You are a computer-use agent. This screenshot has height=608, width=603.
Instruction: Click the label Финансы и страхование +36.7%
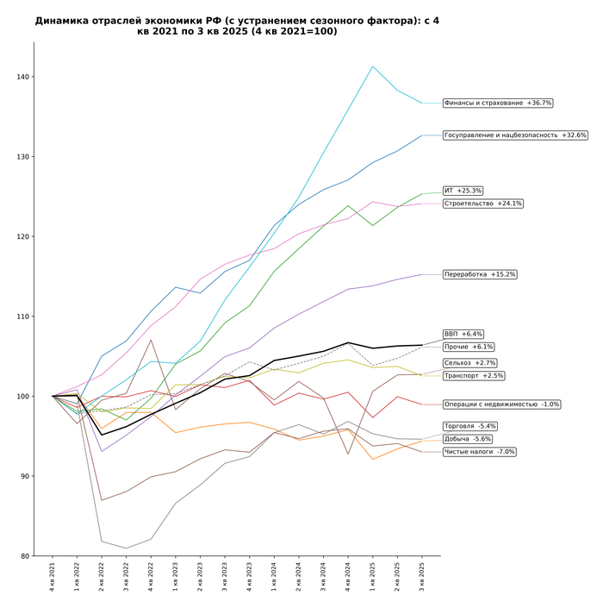[498, 103]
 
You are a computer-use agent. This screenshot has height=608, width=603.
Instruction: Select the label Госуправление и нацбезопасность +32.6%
[515, 135]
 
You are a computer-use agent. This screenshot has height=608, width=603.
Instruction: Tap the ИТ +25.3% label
[463, 191]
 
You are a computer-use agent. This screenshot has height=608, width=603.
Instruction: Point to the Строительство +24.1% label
[482, 204]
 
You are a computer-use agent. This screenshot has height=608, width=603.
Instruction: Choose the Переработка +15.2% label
[480, 274]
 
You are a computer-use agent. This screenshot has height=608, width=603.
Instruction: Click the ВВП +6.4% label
[463, 334]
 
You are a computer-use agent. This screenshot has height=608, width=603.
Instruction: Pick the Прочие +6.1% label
[469, 347]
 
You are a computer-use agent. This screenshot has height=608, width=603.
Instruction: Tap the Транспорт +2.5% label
[473, 376]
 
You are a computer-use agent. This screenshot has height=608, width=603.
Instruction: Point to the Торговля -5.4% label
[469, 426]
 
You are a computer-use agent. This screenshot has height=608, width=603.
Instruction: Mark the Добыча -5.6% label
[467, 439]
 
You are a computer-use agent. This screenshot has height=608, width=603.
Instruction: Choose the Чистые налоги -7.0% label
[479, 452]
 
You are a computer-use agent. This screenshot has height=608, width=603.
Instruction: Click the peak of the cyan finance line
[372, 66]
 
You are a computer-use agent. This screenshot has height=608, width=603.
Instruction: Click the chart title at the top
[237, 26]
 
